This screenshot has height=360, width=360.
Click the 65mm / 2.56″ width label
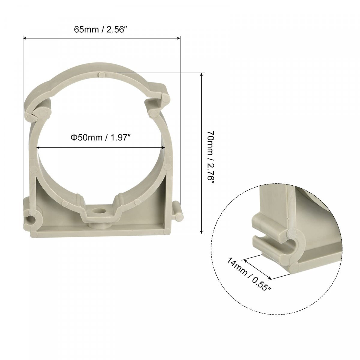point(102,29)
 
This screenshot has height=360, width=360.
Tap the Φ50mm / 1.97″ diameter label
point(100,138)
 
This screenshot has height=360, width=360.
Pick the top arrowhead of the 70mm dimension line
point(201,75)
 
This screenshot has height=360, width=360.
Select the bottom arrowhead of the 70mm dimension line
point(201,231)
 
